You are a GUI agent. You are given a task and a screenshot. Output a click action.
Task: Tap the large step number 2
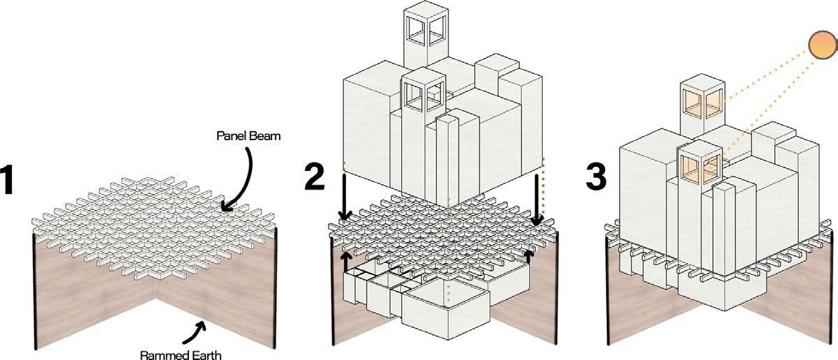[315, 177]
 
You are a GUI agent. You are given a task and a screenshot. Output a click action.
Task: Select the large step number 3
[596, 177]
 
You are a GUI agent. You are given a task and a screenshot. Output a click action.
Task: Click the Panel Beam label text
[248, 135]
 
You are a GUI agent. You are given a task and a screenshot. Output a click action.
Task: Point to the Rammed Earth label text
[181, 354]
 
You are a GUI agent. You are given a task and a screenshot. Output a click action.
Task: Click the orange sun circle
[823, 45]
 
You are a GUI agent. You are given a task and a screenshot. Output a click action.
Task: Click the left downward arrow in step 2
[345, 197]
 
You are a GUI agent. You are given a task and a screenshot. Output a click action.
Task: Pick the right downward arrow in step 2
[537, 200]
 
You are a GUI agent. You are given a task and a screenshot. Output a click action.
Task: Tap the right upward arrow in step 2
[528, 257]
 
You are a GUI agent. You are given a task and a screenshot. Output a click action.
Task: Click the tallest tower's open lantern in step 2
[426, 27]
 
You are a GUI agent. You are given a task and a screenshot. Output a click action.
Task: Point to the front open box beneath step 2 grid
[446, 313]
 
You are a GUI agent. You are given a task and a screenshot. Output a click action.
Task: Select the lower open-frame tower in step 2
[424, 135]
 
